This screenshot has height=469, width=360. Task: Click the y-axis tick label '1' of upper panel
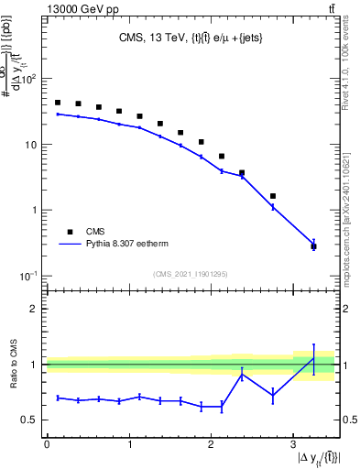click(x=35, y=211)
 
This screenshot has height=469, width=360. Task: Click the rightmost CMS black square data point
click(x=313, y=245)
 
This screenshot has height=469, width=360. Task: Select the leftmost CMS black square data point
click(x=58, y=103)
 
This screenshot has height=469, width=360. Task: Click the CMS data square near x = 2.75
click(x=273, y=196)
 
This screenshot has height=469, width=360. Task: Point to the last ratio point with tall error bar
click(x=313, y=358)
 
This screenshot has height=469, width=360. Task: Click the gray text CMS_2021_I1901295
click(x=190, y=274)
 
